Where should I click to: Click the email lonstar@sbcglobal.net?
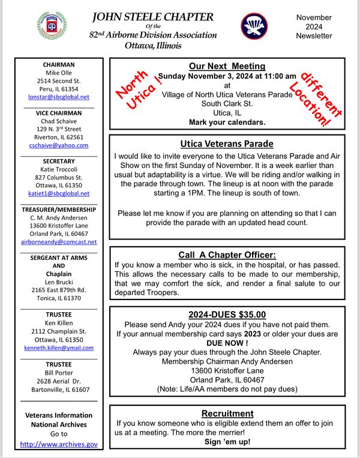(59, 96)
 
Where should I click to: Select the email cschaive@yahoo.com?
(59, 145)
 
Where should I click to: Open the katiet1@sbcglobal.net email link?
(59, 193)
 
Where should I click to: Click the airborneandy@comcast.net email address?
(59, 242)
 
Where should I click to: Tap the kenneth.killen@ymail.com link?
(59, 348)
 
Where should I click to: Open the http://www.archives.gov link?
(59, 444)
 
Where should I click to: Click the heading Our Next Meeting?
(227, 66)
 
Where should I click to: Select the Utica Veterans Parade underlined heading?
(227, 144)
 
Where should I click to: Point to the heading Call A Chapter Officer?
(227, 255)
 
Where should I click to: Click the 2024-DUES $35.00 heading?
(227, 314)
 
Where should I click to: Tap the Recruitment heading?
(227, 414)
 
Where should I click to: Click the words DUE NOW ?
(227, 342)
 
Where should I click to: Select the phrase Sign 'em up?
(227, 442)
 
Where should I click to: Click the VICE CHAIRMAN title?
(59, 113)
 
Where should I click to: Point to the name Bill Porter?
(59, 372)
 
